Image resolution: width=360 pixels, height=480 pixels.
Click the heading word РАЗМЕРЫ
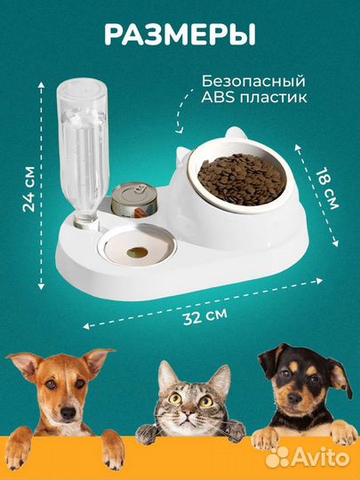coord(180,34)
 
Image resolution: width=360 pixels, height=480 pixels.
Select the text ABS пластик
coord(255,99)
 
